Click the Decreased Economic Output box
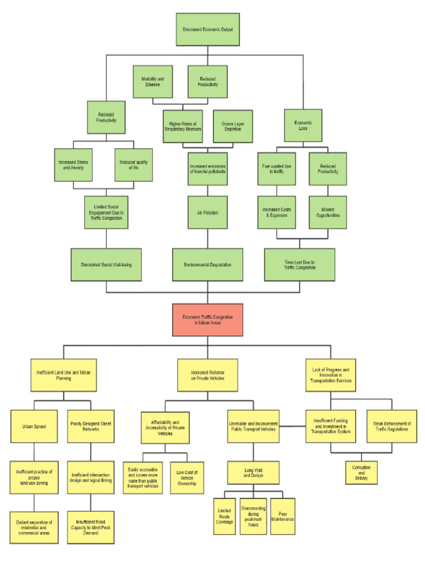pos(208,29)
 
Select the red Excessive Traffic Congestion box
pos(208,319)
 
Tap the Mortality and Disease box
pos(152,82)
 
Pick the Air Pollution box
pos(208,212)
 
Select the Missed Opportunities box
pos(328,212)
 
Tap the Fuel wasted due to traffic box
pos(277,169)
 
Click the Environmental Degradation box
pos(208,265)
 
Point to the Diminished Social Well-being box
pos(105,265)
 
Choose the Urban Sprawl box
pos(34,426)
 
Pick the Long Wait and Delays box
pos(254,473)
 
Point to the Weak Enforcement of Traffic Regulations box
pos(392,426)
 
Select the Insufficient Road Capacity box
pos(91,527)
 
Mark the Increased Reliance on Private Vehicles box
pos(208,375)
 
